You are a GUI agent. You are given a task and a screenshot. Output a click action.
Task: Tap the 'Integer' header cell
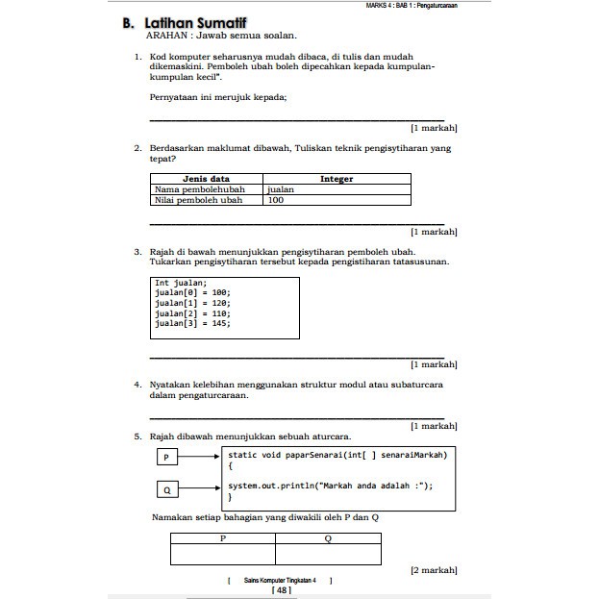(337, 179)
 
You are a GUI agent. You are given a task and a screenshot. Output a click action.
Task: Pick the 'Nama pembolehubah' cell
(199, 189)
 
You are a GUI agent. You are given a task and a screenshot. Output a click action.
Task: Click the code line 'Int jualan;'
(181, 284)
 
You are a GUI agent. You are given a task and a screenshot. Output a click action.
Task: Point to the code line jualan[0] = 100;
(192, 292)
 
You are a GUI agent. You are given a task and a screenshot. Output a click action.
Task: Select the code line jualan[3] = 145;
(192, 324)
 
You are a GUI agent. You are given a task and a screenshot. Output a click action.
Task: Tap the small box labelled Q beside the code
(166, 490)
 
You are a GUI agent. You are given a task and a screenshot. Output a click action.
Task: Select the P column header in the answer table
(223, 538)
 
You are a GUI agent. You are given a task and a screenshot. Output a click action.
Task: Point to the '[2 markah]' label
(434, 570)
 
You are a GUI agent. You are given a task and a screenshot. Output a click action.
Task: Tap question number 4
(138, 384)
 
